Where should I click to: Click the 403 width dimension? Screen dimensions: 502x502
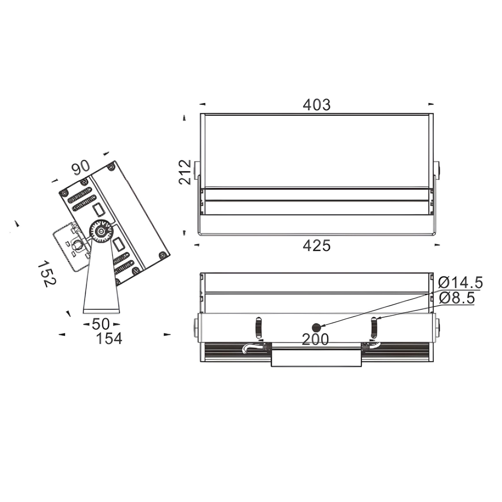point(317,105)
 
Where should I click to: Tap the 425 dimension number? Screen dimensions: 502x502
point(317,246)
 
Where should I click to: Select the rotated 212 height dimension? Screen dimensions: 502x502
point(185,172)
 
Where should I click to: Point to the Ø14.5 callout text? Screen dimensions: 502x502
point(460,283)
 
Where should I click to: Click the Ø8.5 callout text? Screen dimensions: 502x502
point(457,298)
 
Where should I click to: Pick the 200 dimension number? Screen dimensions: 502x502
point(315,339)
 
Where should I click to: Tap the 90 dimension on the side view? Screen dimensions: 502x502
point(81,168)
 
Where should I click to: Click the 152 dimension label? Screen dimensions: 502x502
point(47,274)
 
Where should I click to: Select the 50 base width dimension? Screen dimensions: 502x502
point(101,324)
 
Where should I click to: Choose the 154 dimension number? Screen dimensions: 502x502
point(109,338)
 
